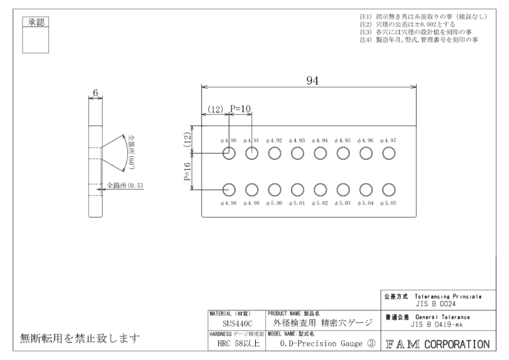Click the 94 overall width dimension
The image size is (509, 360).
(312, 80)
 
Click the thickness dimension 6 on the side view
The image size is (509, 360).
(96, 93)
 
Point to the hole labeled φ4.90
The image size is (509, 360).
(229, 154)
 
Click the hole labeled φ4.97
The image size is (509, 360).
(390, 154)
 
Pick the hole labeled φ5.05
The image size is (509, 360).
(390, 190)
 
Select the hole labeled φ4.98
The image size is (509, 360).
(229, 190)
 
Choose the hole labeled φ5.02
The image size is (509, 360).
(321, 190)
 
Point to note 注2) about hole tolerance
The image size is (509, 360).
(407, 24)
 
